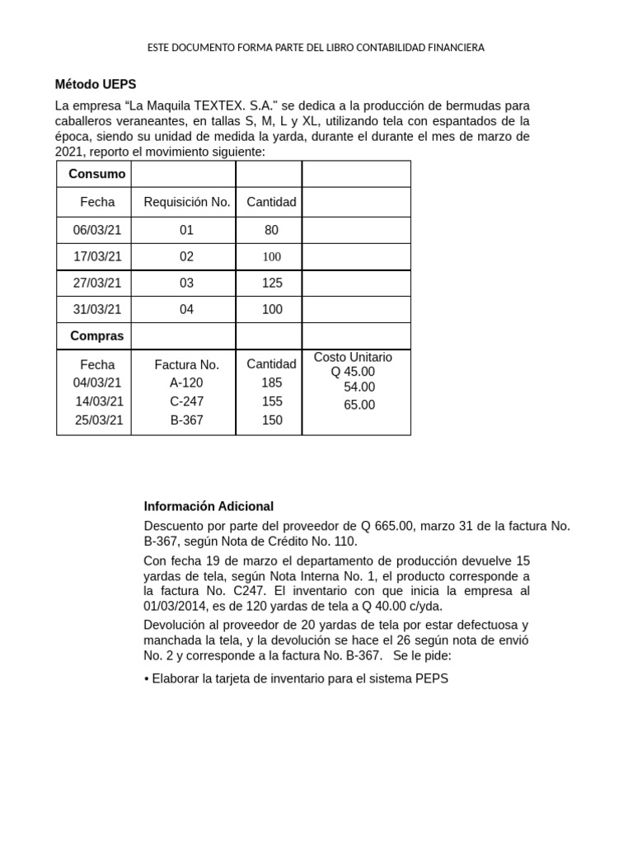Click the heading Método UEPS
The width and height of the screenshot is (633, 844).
pos(96,84)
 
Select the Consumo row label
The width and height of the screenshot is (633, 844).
pos(97,174)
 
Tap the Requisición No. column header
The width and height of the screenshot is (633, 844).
pos(186,202)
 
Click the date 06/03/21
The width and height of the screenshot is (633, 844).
pos(97,230)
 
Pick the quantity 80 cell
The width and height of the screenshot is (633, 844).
pos(272,230)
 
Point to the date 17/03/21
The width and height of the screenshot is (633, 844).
pos(97,256)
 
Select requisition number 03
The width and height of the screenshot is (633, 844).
pos(186,283)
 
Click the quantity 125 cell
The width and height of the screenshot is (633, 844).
pos(272,283)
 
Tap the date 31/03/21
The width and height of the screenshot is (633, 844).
pos(97,309)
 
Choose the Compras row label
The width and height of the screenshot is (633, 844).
pos(97,335)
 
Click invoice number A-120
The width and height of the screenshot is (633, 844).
pos(186,382)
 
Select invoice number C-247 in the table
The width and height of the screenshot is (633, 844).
pos(186,401)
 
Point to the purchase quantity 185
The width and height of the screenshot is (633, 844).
pos(272,382)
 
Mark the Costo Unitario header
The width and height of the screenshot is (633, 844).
pos(353,357)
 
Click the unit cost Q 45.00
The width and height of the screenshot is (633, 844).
pos(353,372)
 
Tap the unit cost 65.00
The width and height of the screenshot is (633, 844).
pos(359,405)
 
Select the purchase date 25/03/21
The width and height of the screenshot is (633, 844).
pos(100,420)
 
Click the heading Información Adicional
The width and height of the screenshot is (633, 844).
pos(209,506)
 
